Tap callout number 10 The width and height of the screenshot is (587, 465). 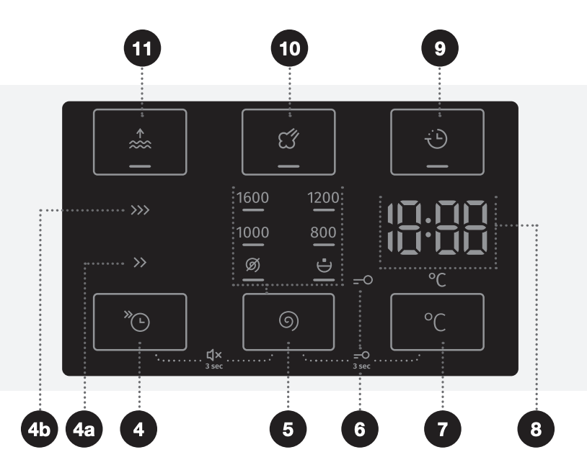click(288, 50)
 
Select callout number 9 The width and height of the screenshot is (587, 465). click(439, 50)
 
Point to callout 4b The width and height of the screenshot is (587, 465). click(42, 430)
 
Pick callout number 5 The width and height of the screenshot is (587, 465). click(288, 430)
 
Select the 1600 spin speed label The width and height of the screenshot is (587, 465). click(252, 197)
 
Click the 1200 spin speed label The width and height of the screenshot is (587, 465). click(323, 197)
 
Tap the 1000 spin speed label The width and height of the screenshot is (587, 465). click(252, 232)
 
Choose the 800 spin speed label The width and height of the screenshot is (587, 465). click(323, 232)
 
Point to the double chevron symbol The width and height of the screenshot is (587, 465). click(139, 263)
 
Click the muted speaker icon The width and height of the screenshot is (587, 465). click(214, 354)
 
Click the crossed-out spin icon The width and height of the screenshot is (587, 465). click(252, 266)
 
